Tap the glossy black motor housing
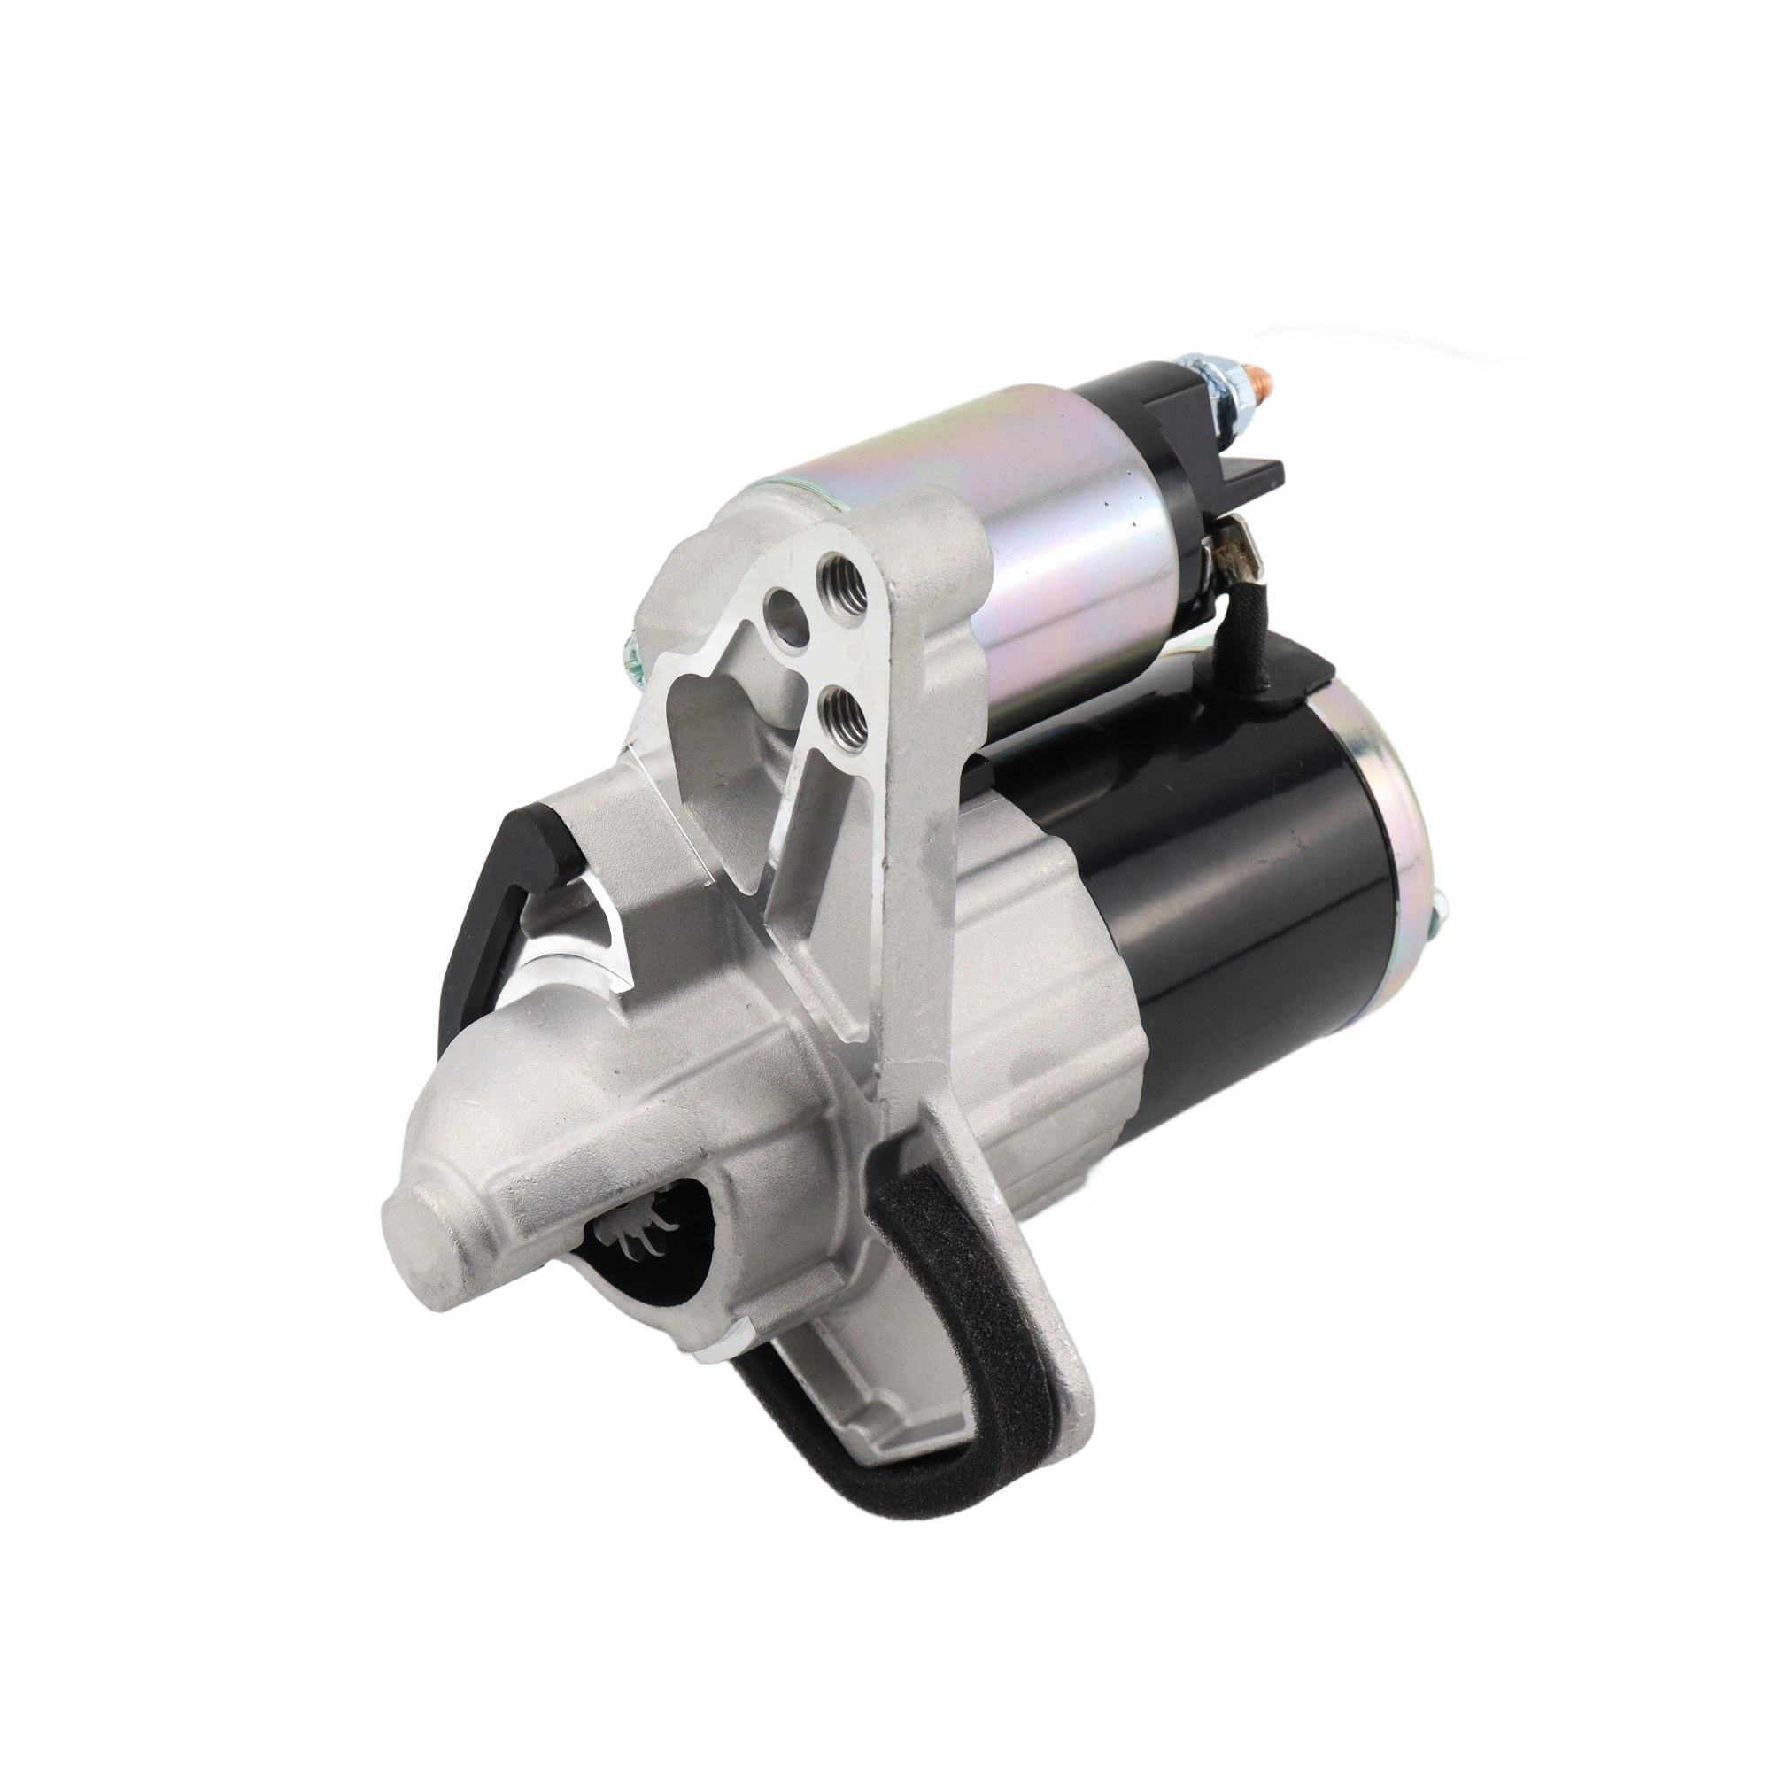tap(1238, 898)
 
